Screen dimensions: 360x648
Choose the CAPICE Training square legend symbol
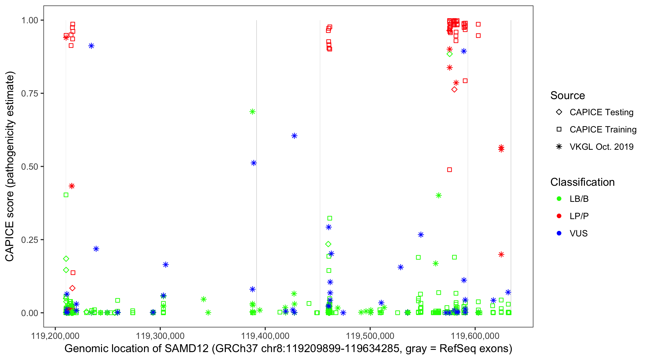[559, 129]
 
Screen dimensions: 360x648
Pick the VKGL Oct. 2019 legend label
[601, 147]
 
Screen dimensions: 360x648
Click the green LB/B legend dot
[559, 199]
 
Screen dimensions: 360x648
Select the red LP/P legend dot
[559, 216]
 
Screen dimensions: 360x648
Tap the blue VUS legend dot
[559, 233]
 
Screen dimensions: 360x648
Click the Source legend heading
[568, 96]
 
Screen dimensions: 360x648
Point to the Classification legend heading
[582, 182]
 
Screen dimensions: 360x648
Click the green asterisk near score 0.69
[252, 112]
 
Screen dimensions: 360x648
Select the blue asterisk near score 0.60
[294, 136]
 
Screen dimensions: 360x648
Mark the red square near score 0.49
[449, 170]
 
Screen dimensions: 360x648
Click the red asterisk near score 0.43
[72, 186]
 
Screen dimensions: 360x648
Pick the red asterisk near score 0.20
[501, 255]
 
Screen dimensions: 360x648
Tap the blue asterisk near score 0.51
[254, 163]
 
